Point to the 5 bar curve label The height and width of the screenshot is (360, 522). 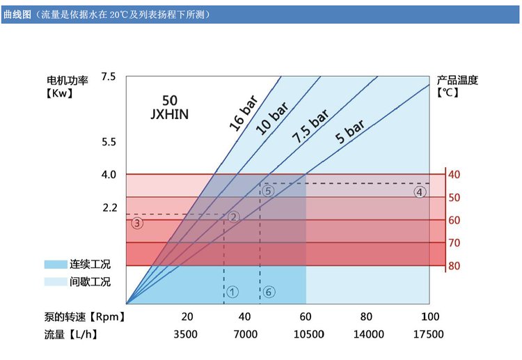click(x=349, y=132)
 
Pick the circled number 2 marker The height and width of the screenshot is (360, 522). click(x=234, y=217)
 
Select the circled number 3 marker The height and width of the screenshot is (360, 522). click(x=137, y=224)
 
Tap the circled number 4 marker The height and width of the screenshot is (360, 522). click(x=419, y=192)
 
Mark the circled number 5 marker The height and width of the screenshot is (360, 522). click(x=269, y=190)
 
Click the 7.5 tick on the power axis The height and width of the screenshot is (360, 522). click(x=108, y=76)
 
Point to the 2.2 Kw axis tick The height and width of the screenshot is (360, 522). click(x=108, y=207)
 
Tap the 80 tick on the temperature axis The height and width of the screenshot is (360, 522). click(x=454, y=266)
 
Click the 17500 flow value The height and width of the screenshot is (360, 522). click(x=428, y=334)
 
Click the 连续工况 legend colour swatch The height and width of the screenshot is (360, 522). click(x=54, y=265)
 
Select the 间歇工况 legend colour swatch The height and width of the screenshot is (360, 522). click(x=54, y=282)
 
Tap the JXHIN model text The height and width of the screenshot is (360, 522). click(x=169, y=113)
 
